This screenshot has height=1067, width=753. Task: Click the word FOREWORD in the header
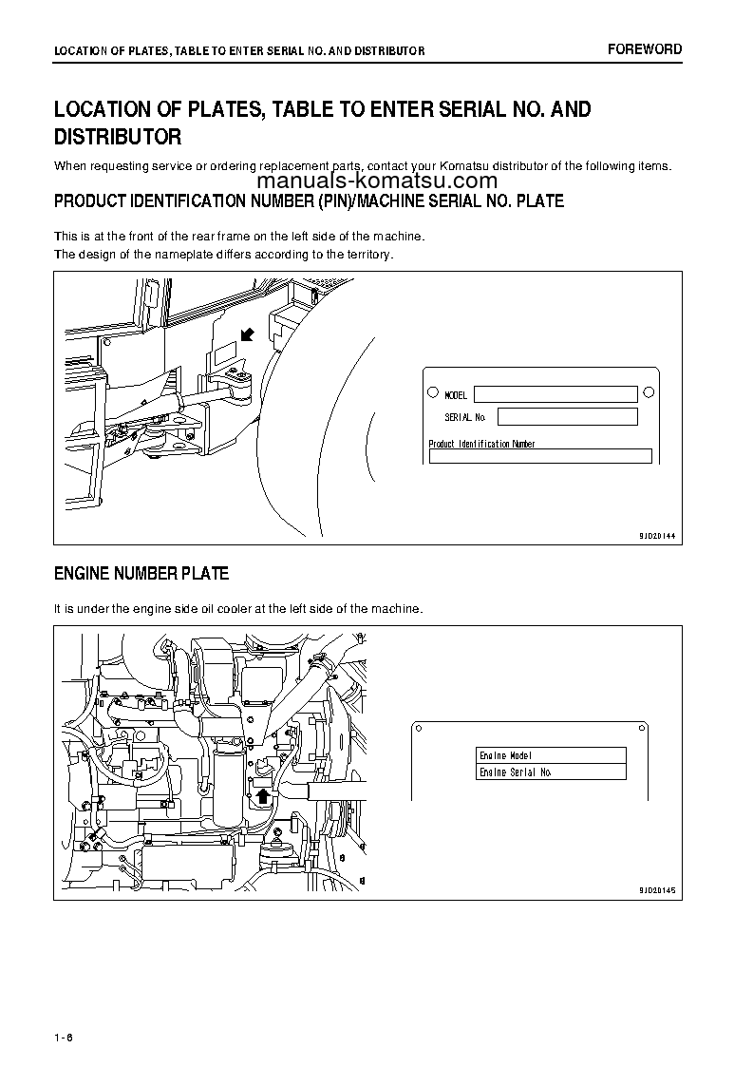click(x=645, y=49)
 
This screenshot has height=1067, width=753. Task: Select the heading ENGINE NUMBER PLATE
click(x=141, y=574)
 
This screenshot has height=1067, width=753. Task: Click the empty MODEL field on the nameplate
click(x=555, y=393)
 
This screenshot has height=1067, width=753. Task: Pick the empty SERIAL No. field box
click(x=567, y=416)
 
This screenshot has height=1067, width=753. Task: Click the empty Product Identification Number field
click(x=540, y=456)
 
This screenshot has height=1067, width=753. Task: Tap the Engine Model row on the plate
click(x=551, y=755)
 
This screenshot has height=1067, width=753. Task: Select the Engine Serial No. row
click(x=551, y=772)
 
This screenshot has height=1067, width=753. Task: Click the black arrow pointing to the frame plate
click(x=247, y=333)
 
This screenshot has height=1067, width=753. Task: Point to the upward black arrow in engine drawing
click(x=262, y=794)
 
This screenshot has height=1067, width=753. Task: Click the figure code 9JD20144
click(x=656, y=535)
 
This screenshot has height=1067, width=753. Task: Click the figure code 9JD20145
click(x=656, y=890)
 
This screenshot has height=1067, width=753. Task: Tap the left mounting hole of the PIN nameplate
click(x=433, y=391)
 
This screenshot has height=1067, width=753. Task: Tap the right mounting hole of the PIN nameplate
click(x=649, y=391)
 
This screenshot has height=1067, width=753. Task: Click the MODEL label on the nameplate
click(x=456, y=395)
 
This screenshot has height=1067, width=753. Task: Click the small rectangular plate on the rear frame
click(x=223, y=355)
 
